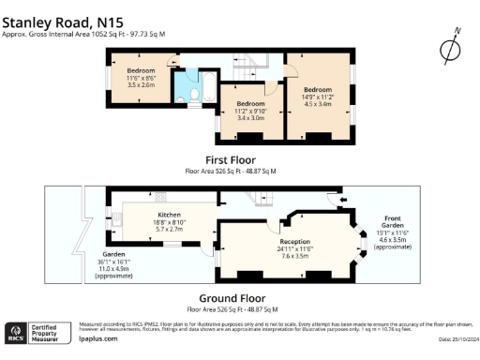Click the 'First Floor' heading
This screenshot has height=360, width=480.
pyautogui.click(x=231, y=160)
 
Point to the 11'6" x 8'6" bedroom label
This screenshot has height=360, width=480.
pyautogui.click(x=141, y=77)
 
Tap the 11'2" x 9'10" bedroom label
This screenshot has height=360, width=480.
pyautogui.click(x=249, y=112)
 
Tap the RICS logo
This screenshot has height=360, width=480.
pyautogui.click(x=18, y=332)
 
